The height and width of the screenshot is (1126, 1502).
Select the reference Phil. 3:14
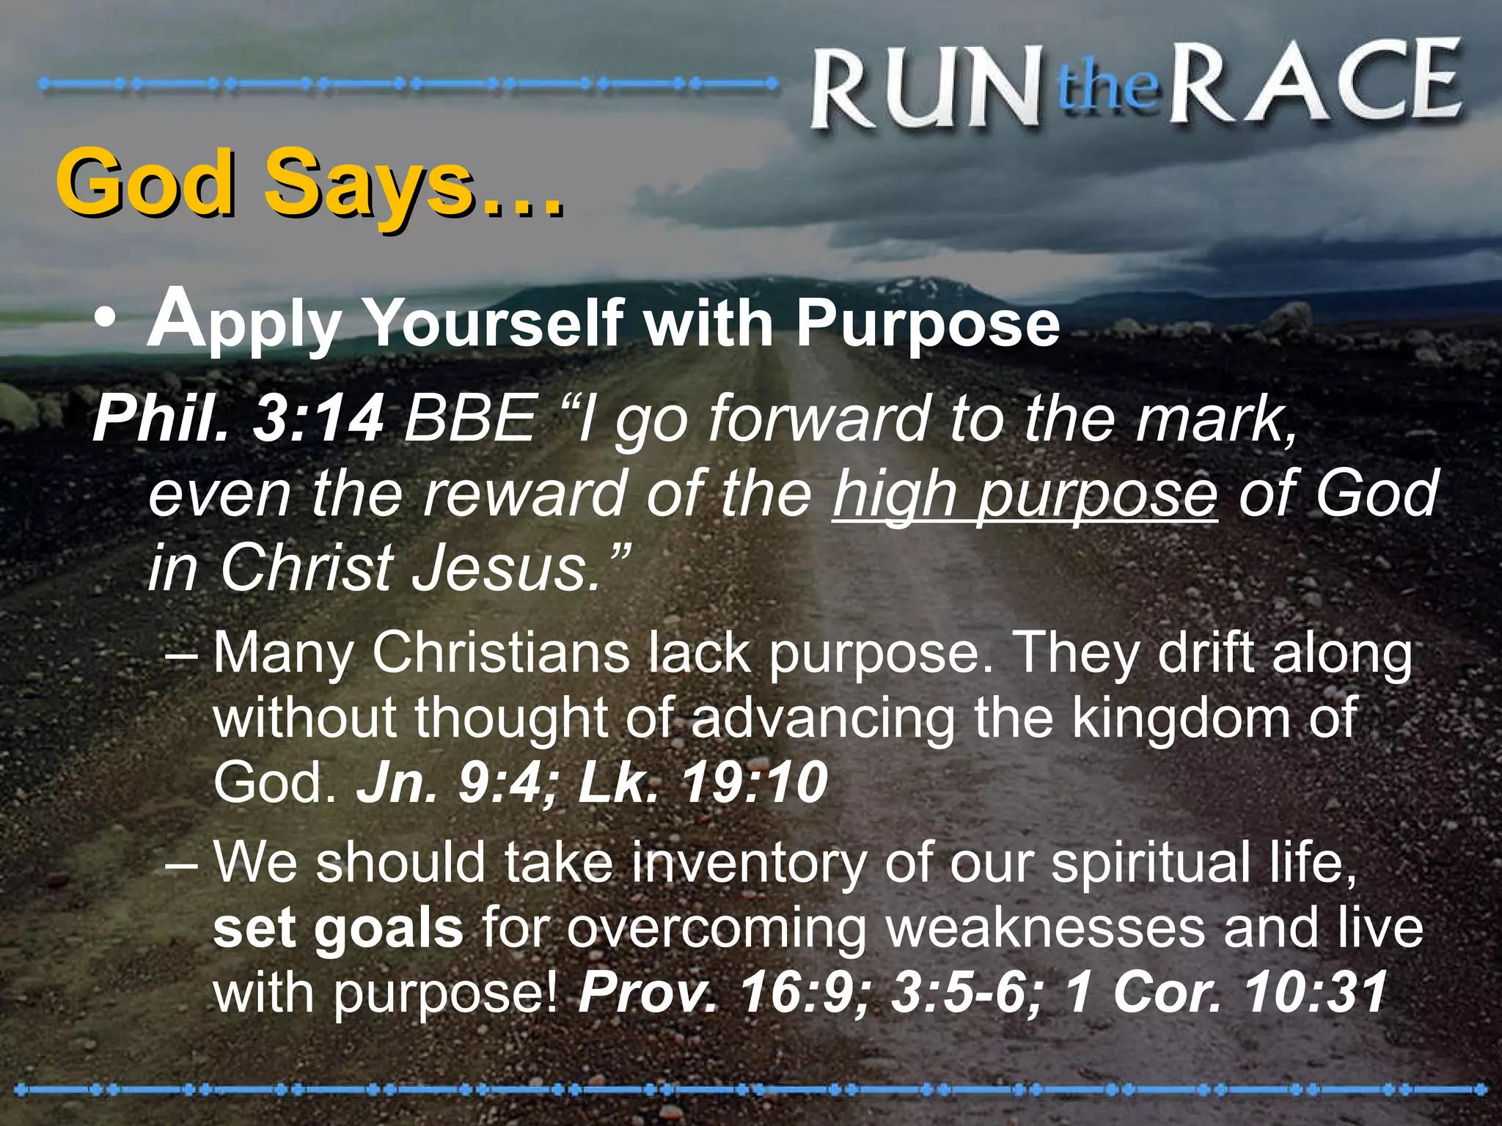pos(238,419)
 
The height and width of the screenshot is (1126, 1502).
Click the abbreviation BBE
pos(469,419)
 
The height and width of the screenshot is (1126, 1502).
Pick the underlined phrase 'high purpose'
pos(1024,494)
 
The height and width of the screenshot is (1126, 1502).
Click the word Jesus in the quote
pos(506,569)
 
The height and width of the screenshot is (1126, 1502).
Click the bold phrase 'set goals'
pos(338,928)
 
